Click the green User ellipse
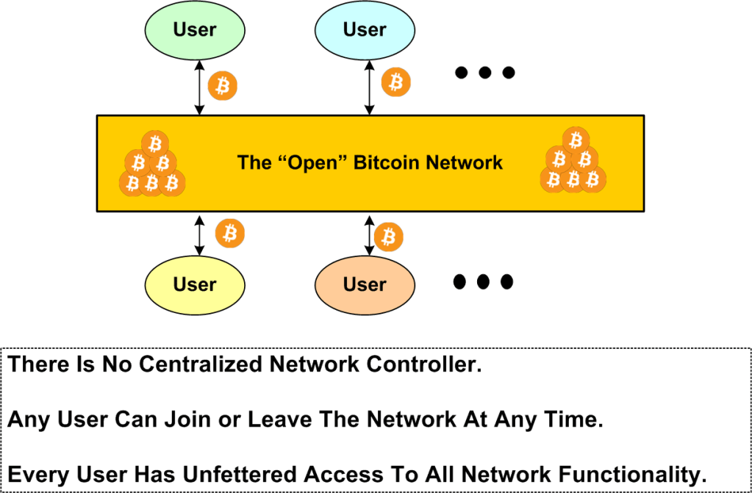pyautogui.click(x=195, y=30)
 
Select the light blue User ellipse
pyautogui.click(x=365, y=30)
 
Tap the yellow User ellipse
pyautogui.click(x=195, y=284)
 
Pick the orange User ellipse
pyautogui.click(x=365, y=284)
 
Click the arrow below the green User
pyautogui.click(x=198, y=87)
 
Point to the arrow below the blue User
pyautogui.click(x=369, y=87)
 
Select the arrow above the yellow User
pyautogui.click(x=198, y=236)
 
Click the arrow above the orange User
pyautogui.click(x=369, y=236)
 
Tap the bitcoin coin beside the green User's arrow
pyautogui.click(x=222, y=86)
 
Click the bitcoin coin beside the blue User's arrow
pyautogui.click(x=396, y=82)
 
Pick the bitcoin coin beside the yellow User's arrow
pyautogui.click(x=230, y=233)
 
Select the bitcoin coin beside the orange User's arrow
pyautogui.click(x=389, y=237)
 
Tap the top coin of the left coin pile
pyautogui.click(x=154, y=143)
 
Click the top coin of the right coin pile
pyautogui.click(x=576, y=140)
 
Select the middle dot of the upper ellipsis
pyautogui.click(x=484, y=73)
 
